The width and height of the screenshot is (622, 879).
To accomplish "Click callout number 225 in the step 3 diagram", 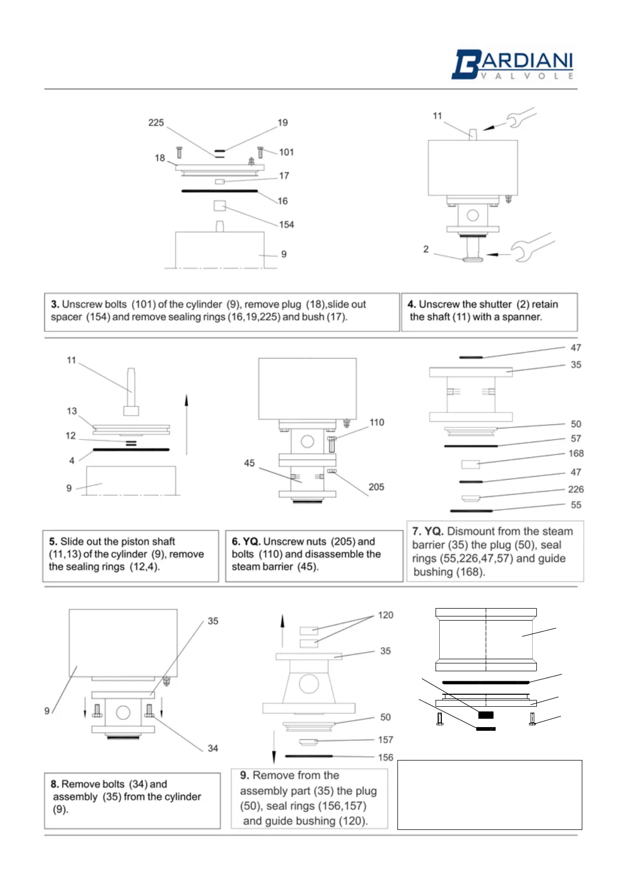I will coord(156,123).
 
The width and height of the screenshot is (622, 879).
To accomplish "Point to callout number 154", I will coord(286,224).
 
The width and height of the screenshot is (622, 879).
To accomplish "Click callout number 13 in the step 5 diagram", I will coord(72,411).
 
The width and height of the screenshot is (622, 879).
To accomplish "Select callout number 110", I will coord(377,422).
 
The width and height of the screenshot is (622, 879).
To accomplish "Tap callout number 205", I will coord(376,487).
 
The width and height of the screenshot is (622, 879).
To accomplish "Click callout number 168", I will coord(576,454).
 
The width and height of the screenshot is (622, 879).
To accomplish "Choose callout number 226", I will coord(576,489).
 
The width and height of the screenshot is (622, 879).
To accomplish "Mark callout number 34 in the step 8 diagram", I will coord(213,748).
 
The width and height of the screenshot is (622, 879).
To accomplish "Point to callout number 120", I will coord(385,615).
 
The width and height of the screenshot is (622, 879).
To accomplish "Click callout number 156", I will coord(385,757).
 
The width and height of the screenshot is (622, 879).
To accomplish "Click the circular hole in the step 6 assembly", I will coord(307,442).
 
